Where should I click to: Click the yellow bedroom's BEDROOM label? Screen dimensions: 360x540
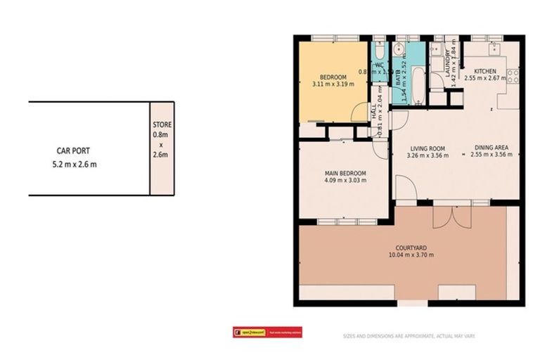tap(333, 77)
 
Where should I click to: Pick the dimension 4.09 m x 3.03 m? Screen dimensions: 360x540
tap(344, 181)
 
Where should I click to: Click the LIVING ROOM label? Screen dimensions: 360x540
tap(428, 148)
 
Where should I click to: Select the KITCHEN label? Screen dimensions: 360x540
tap(484, 72)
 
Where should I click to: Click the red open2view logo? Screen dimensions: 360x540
tap(267, 333)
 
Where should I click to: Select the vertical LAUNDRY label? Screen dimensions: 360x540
tap(447, 61)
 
